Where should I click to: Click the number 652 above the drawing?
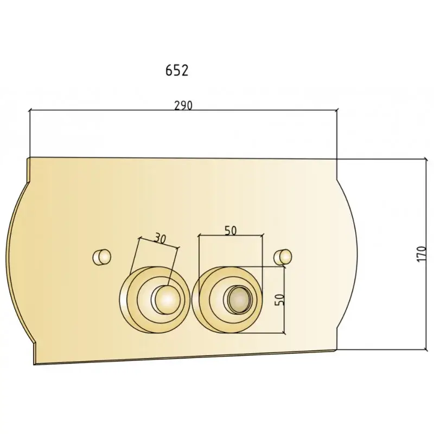point(177,71)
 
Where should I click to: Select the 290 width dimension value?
point(183,105)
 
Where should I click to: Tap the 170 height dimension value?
point(421,254)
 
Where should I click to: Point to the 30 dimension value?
point(159,238)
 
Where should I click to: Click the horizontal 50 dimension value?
point(231,231)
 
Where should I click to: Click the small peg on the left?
point(101,257)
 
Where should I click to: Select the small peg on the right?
point(283,257)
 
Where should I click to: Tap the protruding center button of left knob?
point(165,300)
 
